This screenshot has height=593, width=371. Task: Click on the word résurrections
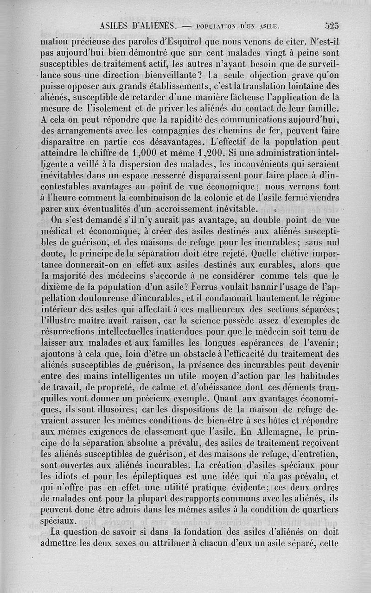(x=70, y=331)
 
